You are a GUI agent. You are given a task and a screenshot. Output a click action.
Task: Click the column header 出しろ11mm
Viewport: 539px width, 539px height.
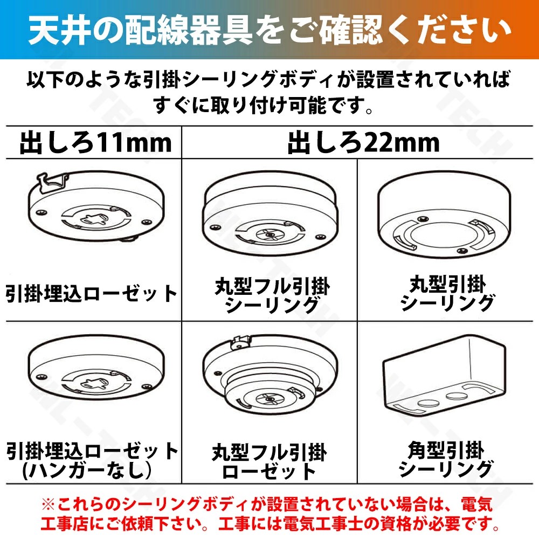(x=95, y=143)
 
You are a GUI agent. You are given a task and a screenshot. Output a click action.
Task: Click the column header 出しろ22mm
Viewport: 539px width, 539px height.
(x=363, y=143)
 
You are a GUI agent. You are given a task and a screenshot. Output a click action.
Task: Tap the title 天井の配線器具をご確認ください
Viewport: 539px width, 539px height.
(x=269, y=30)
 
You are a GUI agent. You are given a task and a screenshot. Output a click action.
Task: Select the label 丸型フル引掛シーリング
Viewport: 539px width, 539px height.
(x=272, y=295)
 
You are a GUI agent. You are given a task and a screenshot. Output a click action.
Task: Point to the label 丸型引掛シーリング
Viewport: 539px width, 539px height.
(x=447, y=293)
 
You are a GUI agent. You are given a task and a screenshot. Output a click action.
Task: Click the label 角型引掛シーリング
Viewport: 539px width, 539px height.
(x=446, y=460)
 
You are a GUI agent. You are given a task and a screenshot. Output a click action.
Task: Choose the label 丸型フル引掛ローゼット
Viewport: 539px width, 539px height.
(x=269, y=462)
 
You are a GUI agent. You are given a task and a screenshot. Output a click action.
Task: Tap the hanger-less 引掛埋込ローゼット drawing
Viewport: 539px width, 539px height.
(x=96, y=368)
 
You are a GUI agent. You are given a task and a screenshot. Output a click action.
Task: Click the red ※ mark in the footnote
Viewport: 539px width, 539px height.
(x=49, y=505)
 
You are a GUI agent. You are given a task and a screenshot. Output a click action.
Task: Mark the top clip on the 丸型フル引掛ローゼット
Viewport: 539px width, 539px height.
(x=240, y=342)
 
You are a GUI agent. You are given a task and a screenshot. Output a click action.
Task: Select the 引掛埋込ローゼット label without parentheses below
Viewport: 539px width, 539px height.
(x=92, y=294)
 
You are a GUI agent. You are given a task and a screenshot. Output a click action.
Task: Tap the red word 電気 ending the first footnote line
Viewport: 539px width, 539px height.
(x=477, y=505)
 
